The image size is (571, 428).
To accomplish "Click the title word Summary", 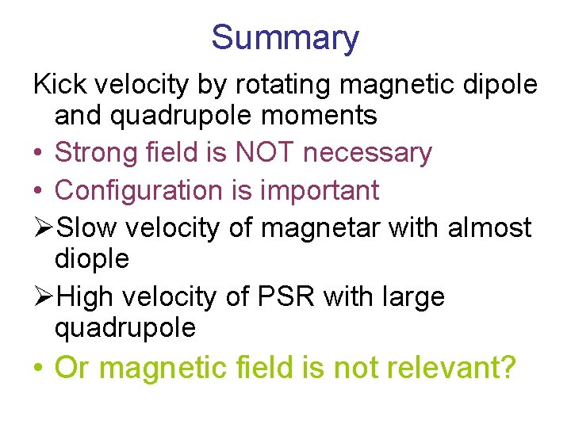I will pos(285,37).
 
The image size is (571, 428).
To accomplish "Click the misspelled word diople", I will pos(91,258).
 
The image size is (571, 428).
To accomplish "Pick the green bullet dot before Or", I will pos(40,369).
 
